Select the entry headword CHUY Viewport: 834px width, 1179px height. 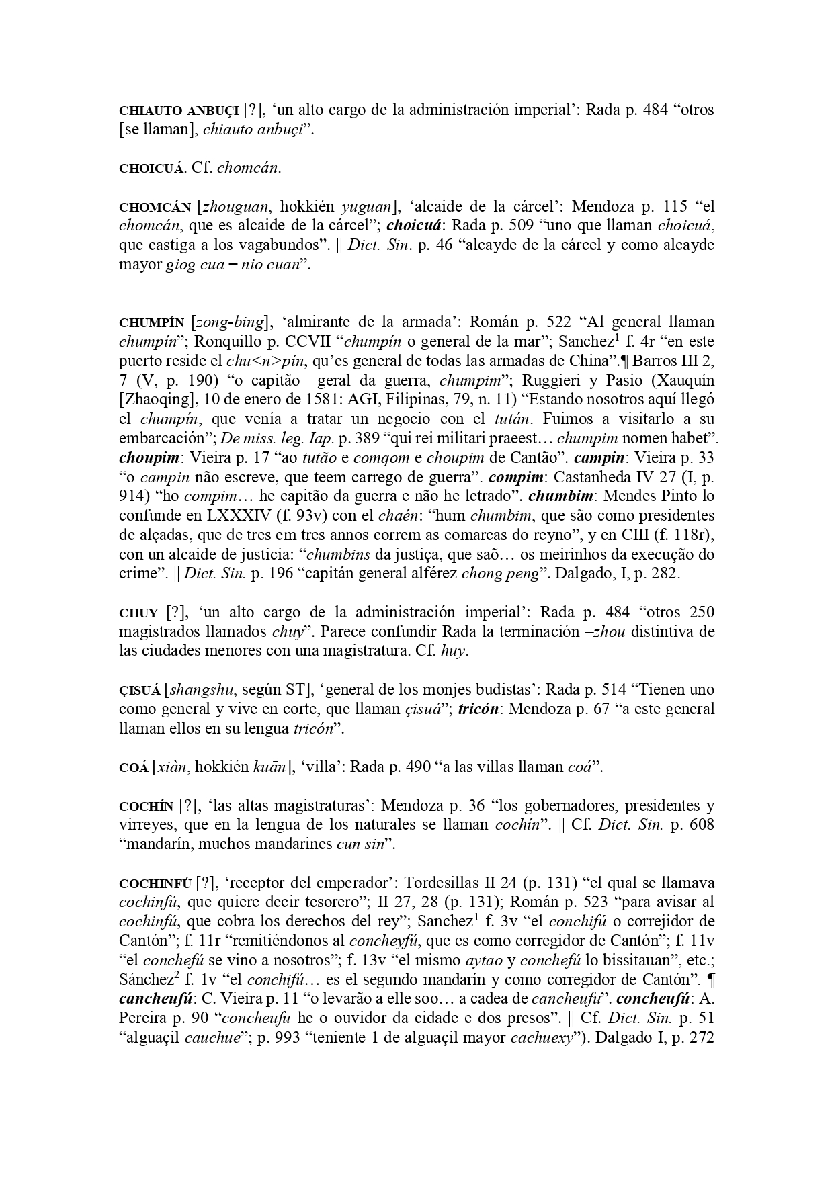[138, 613]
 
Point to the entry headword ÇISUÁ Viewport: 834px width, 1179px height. [140, 690]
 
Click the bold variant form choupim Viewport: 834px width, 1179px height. [146, 458]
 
